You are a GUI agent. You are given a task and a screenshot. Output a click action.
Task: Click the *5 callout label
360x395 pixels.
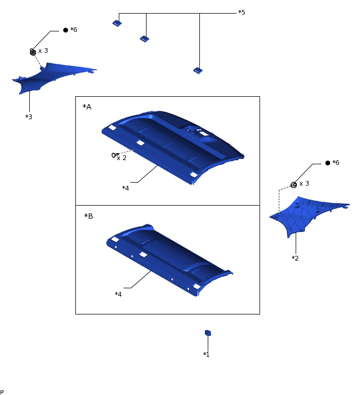[x=242, y=13]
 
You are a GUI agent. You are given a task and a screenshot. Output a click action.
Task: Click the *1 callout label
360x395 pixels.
[x=206, y=354]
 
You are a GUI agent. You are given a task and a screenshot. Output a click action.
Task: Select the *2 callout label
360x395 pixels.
[x=295, y=258]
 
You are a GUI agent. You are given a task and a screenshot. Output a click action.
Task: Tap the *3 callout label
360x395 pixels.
[x=29, y=117]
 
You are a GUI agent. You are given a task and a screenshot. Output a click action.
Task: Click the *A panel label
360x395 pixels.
[x=87, y=107]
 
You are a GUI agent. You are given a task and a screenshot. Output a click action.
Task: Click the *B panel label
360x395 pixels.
[x=88, y=216]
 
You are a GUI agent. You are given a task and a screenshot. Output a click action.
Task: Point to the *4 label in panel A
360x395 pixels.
[x=126, y=188]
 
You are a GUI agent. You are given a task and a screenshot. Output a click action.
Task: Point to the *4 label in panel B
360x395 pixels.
[x=118, y=294]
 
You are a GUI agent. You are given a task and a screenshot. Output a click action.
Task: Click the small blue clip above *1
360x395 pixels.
[x=208, y=333]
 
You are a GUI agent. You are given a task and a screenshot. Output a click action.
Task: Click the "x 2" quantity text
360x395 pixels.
[x=122, y=158]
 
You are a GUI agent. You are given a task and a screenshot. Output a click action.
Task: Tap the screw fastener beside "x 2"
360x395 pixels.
[x=115, y=155]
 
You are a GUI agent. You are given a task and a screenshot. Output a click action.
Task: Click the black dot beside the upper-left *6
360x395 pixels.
[x=65, y=30]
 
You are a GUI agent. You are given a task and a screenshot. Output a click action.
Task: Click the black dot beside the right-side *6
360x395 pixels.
[x=328, y=163]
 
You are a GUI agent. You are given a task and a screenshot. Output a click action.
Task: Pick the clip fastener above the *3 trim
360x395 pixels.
[x=33, y=52]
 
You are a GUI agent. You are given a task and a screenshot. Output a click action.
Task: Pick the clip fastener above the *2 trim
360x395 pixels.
[x=294, y=185]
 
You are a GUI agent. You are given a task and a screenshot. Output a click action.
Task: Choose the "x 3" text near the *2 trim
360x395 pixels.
[x=304, y=184]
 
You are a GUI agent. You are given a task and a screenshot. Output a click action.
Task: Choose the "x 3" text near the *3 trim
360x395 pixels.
[x=43, y=51]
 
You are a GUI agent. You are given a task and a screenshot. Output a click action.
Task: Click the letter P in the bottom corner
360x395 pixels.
[x=2, y=392]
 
